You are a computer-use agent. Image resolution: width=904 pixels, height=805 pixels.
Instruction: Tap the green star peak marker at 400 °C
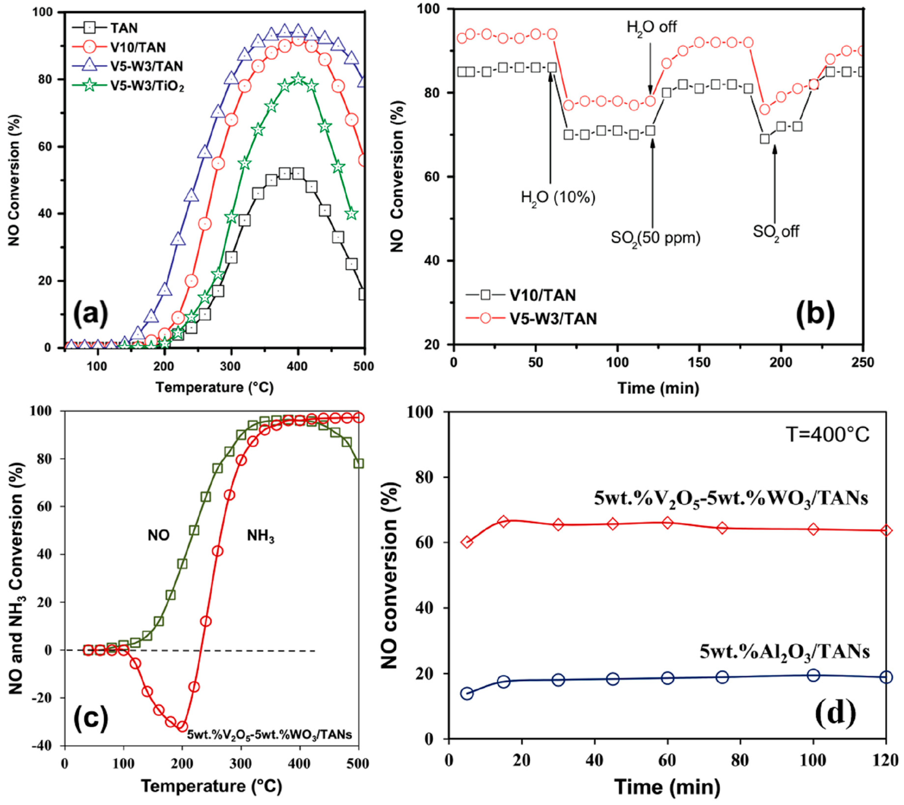(x=298, y=79)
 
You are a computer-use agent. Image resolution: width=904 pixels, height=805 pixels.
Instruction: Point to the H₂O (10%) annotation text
(x=558, y=197)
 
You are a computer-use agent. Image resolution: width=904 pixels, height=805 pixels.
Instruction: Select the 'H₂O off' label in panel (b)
(x=651, y=27)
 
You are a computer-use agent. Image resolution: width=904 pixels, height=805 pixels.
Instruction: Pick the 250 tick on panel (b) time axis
(x=862, y=363)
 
